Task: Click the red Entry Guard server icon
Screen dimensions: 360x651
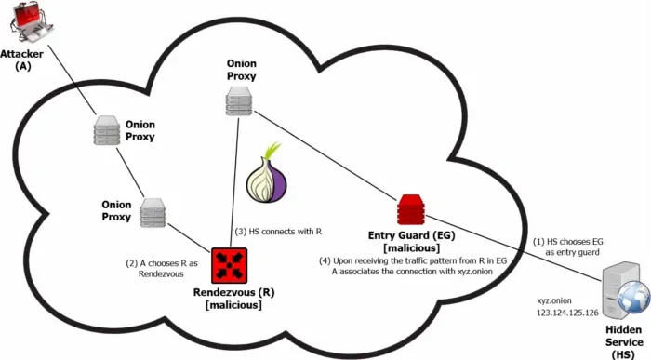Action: tap(410, 210)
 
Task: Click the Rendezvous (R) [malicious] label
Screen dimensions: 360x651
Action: tap(228, 299)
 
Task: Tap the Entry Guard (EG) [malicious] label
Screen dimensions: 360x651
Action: tap(410, 243)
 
